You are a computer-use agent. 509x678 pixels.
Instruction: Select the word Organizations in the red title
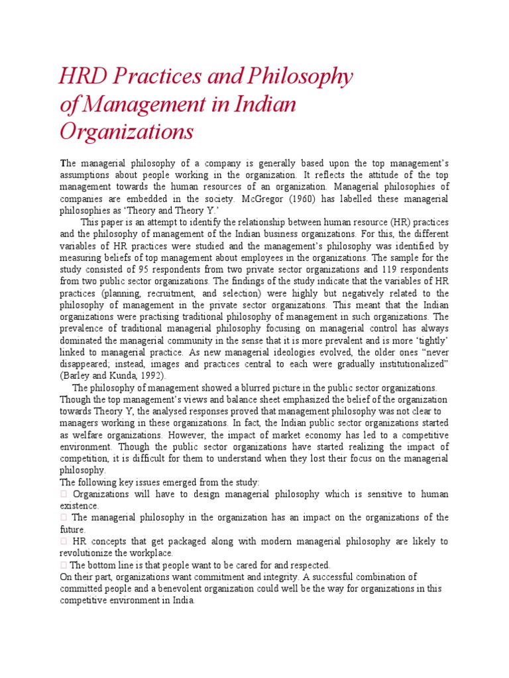127,131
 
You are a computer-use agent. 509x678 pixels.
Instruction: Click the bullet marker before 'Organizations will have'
64,495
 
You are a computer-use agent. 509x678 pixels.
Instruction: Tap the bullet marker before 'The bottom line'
64,565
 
